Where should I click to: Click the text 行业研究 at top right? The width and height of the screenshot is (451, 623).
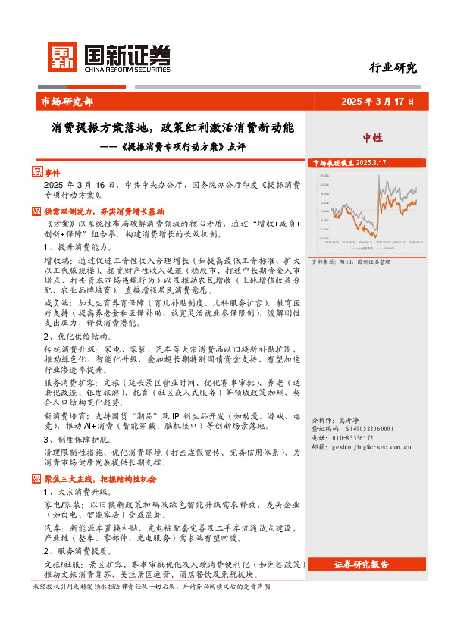pos(393,67)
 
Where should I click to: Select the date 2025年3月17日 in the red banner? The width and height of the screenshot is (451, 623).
pos(378,102)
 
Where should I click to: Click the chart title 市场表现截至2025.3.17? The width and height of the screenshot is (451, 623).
pos(349,163)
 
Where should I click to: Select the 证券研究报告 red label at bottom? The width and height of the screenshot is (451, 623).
pos(361,565)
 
